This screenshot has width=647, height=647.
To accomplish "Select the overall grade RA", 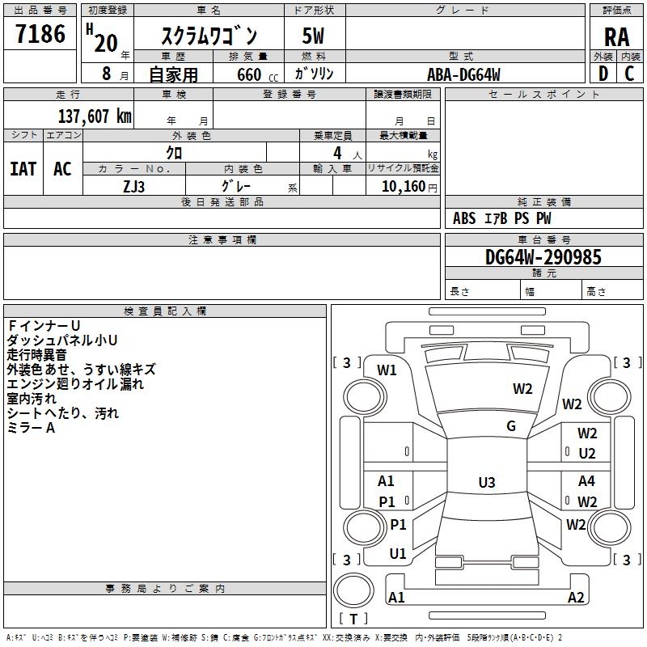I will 616,37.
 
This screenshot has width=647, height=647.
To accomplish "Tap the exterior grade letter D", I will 603,73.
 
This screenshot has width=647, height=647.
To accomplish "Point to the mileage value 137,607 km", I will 95,116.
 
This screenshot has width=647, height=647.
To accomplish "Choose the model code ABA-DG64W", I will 464,74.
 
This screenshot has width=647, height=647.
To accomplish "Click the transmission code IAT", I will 23,168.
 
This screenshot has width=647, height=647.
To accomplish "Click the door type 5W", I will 313,37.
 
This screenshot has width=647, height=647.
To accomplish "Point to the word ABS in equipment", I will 464,218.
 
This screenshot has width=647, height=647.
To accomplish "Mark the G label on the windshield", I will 511,426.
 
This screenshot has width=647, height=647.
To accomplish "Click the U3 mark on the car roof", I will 486,483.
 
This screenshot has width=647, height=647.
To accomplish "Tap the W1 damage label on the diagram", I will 387,370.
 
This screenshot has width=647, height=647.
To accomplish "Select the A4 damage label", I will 586,481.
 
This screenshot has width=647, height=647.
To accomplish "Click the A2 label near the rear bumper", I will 576,598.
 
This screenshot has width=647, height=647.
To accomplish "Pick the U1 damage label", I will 398,554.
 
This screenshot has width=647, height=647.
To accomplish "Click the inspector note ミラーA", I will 31,427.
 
